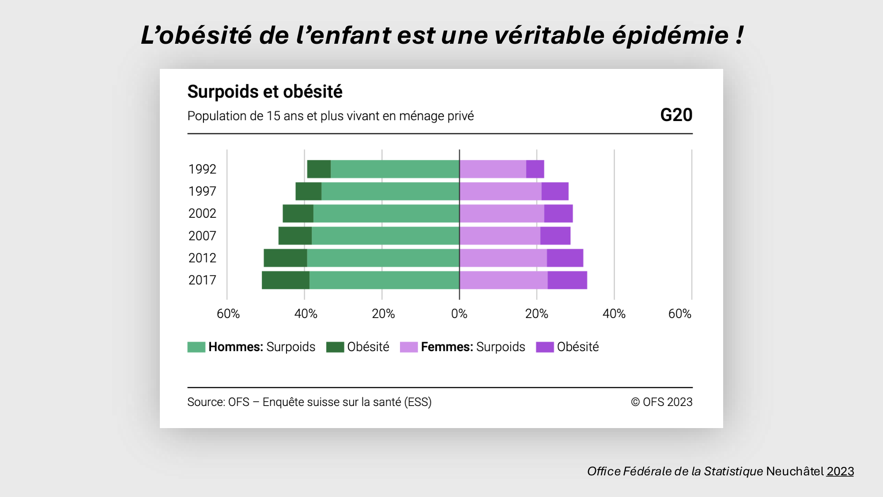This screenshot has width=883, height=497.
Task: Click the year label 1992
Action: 202,169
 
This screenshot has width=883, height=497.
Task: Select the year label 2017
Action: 202,280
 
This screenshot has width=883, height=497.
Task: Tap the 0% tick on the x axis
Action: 459,314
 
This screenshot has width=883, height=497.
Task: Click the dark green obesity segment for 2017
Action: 286,280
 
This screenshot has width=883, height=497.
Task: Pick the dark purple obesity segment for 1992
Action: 535,169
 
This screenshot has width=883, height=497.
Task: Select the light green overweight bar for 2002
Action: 386,213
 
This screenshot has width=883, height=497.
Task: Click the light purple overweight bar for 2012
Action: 503,258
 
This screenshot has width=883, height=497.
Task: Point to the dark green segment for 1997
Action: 309,191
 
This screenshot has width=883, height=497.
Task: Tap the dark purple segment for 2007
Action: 555,235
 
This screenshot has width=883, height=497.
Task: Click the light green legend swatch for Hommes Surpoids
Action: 196,347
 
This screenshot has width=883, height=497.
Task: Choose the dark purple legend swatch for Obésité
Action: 545,347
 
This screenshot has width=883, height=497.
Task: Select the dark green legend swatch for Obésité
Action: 335,347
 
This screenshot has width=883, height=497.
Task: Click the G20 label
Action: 676,115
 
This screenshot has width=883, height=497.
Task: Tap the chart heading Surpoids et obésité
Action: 265,92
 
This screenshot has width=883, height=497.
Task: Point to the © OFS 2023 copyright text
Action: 661,402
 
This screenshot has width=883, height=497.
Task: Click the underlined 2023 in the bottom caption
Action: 840,471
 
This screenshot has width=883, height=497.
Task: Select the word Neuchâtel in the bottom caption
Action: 795,471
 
